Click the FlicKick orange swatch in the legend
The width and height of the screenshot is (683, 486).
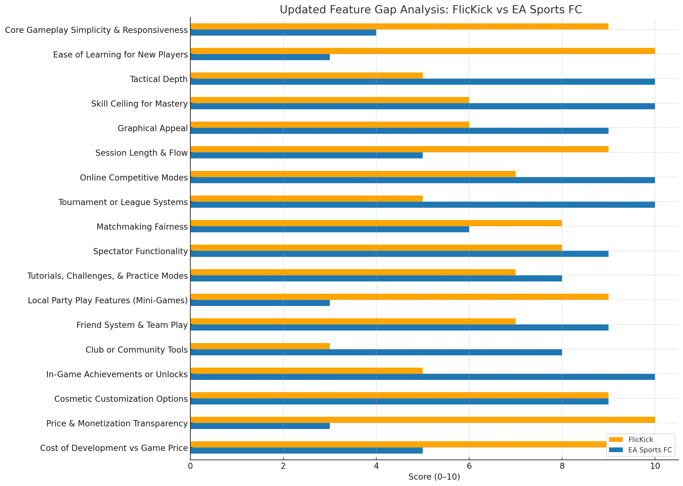(x=616, y=440)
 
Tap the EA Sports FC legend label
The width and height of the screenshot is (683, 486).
(x=650, y=450)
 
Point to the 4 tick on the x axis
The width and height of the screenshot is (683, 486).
(x=376, y=466)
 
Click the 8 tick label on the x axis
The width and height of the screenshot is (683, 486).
(x=562, y=466)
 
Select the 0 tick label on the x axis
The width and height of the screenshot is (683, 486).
(x=190, y=466)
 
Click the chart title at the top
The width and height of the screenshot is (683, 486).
(x=431, y=10)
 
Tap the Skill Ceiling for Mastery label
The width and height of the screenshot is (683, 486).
(x=139, y=104)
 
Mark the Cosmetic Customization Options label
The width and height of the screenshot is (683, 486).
(x=121, y=399)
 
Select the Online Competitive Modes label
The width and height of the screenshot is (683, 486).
(x=133, y=178)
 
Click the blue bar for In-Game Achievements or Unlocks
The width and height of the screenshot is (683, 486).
(x=422, y=377)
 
